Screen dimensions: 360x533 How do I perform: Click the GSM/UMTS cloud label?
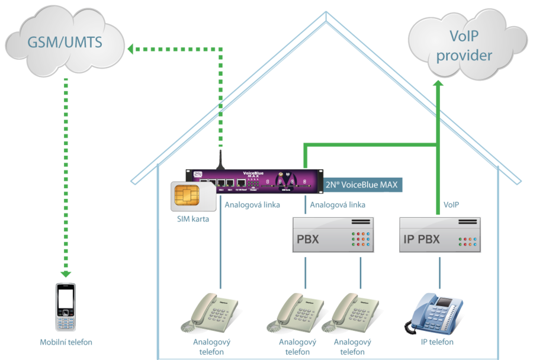click(x=65, y=43)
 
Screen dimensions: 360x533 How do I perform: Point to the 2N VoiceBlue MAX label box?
click(x=363, y=184)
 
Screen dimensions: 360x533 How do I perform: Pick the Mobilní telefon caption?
click(x=66, y=342)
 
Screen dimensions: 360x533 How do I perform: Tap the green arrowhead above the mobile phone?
click(x=66, y=274)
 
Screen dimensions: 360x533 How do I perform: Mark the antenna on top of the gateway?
click(x=220, y=158)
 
